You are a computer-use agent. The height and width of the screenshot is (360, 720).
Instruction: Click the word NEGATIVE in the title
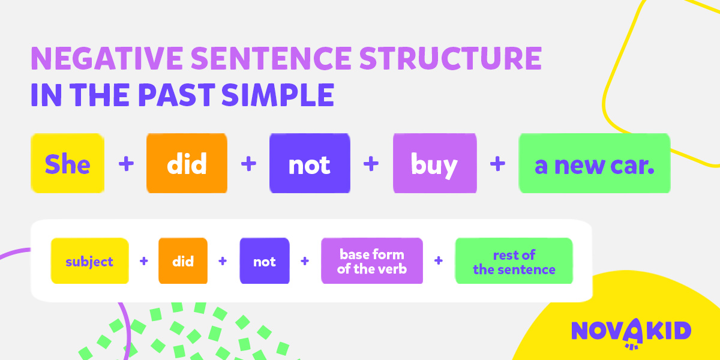(x=107, y=58)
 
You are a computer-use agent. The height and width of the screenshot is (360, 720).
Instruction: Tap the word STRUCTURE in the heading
(x=451, y=58)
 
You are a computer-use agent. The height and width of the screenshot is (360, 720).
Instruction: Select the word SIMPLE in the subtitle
(x=278, y=95)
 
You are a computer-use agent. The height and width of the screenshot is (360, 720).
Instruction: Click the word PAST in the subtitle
(x=176, y=95)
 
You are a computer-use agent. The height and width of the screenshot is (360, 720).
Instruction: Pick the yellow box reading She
(x=67, y=163)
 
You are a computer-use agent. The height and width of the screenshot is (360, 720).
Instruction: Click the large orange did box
(x=187, y=163)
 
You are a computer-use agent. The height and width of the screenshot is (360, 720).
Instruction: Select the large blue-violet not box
(x=310, y=163)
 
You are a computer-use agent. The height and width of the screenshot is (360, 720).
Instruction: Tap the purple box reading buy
(x=434, y=163)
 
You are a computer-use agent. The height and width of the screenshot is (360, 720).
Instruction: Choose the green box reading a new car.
(x=595, y=163)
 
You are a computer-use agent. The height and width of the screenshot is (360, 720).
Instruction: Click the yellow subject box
(x=89, y=260)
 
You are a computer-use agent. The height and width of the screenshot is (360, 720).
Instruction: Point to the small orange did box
(x=183, y=260)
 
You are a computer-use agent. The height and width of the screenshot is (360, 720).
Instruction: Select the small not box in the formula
(x=265, y=260)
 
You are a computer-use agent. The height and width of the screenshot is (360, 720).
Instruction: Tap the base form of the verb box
(x=372, y=260)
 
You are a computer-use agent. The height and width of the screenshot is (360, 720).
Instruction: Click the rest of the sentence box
(x=514, y=260)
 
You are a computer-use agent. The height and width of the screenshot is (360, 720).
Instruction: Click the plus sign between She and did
(x=127, y=164)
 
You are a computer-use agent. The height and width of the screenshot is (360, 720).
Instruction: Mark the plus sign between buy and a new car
(x=497, y=164)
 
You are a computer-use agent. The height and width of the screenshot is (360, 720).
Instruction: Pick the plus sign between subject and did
(x=144, y=260)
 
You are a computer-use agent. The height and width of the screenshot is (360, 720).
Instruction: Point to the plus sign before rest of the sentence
(x=439, y=260)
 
